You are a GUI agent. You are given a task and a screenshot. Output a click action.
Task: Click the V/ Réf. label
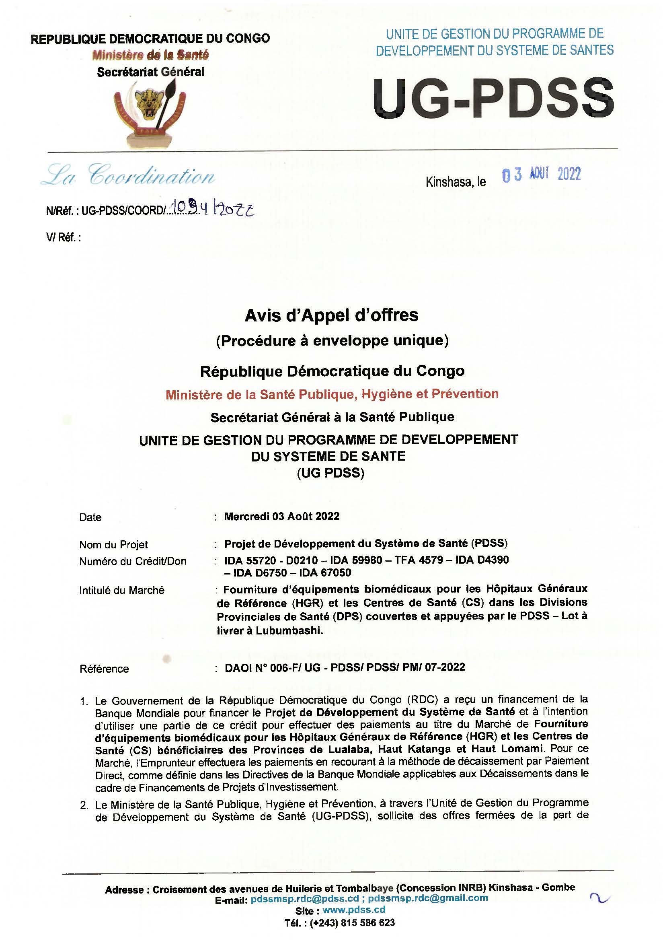tap(64, 238)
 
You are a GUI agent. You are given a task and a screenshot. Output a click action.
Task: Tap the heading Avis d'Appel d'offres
tap(332, 315)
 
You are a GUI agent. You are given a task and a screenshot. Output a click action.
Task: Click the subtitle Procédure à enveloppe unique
tap(332, 341)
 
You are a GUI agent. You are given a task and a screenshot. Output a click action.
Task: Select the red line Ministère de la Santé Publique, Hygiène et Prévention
tap(332, 394)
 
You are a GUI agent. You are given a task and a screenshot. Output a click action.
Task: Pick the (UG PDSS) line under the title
tap(330, 473)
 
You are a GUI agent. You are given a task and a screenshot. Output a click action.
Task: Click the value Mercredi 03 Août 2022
tap(282, 516)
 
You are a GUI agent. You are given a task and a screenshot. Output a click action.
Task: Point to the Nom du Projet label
tap(113, 545)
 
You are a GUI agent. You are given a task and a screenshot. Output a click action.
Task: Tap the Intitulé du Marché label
tap(121, 590)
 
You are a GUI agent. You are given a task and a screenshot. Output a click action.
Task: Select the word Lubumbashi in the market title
tap(289, 631)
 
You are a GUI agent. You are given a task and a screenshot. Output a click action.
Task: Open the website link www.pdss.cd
tap(354, 910)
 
